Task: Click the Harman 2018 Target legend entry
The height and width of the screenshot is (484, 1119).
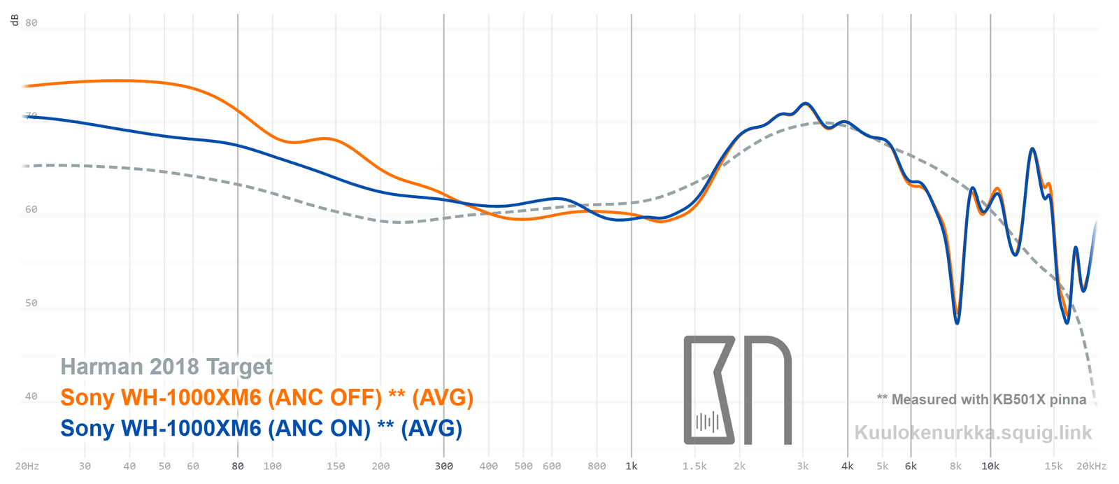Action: coord(166,366)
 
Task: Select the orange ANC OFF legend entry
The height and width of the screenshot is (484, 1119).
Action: coord(266,397)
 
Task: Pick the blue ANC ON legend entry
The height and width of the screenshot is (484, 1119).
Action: coord(261,428)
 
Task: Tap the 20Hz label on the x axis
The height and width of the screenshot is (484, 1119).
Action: coord(27,467)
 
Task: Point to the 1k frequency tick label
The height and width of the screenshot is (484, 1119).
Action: coord(632,467)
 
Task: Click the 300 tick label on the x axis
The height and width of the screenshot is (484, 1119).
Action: coord(444,467)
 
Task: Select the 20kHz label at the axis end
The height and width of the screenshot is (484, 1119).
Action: coord(1091,467)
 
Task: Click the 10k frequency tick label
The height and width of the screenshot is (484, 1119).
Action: coord(990,467)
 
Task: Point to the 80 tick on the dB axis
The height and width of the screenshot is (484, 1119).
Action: coord(31,22)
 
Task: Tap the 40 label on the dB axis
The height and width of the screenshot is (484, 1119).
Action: coord(31,397)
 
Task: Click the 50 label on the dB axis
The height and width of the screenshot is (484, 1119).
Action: coord(31,303)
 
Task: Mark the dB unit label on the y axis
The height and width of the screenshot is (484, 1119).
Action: coord(14,20)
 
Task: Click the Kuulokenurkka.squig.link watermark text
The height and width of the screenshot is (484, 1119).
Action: coord(973,433)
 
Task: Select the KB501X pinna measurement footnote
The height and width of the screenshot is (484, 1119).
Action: coord(982,399)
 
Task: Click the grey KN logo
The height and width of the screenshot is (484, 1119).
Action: coord(737,390)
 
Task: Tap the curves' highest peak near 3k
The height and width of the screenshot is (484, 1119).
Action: coord(806,104)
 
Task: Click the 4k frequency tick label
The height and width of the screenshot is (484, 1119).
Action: coord(848,467)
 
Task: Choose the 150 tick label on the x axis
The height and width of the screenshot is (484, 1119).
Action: coord(336,467)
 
